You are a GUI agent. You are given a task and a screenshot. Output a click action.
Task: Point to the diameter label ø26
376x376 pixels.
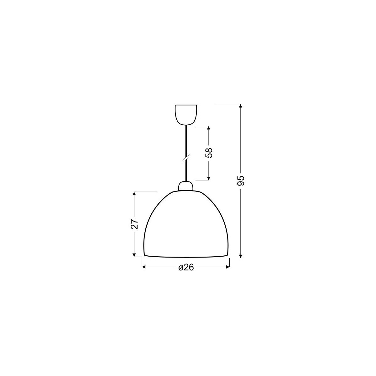(186, 267)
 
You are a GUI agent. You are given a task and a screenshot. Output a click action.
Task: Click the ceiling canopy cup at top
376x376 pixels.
(186, 114)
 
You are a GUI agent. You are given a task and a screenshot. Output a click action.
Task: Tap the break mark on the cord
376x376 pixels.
(186, 159)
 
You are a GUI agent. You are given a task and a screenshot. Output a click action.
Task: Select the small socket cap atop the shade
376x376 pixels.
(186, 186)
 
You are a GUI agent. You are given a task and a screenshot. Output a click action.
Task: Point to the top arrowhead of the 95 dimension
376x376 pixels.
(240, 106)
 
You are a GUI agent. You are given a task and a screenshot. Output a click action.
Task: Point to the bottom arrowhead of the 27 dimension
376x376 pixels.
(134, 254)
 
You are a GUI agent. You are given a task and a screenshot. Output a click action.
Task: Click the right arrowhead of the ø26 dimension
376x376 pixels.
(227, 267)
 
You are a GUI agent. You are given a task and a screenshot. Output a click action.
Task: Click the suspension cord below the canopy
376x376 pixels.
(186, 141)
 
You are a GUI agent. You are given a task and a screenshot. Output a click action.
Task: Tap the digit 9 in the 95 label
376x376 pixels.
(240, 184)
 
